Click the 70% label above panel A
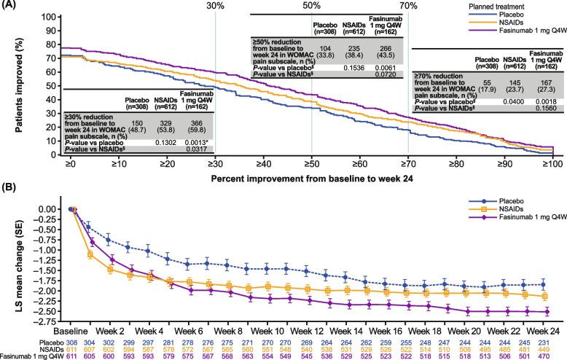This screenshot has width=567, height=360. point(409,6)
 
